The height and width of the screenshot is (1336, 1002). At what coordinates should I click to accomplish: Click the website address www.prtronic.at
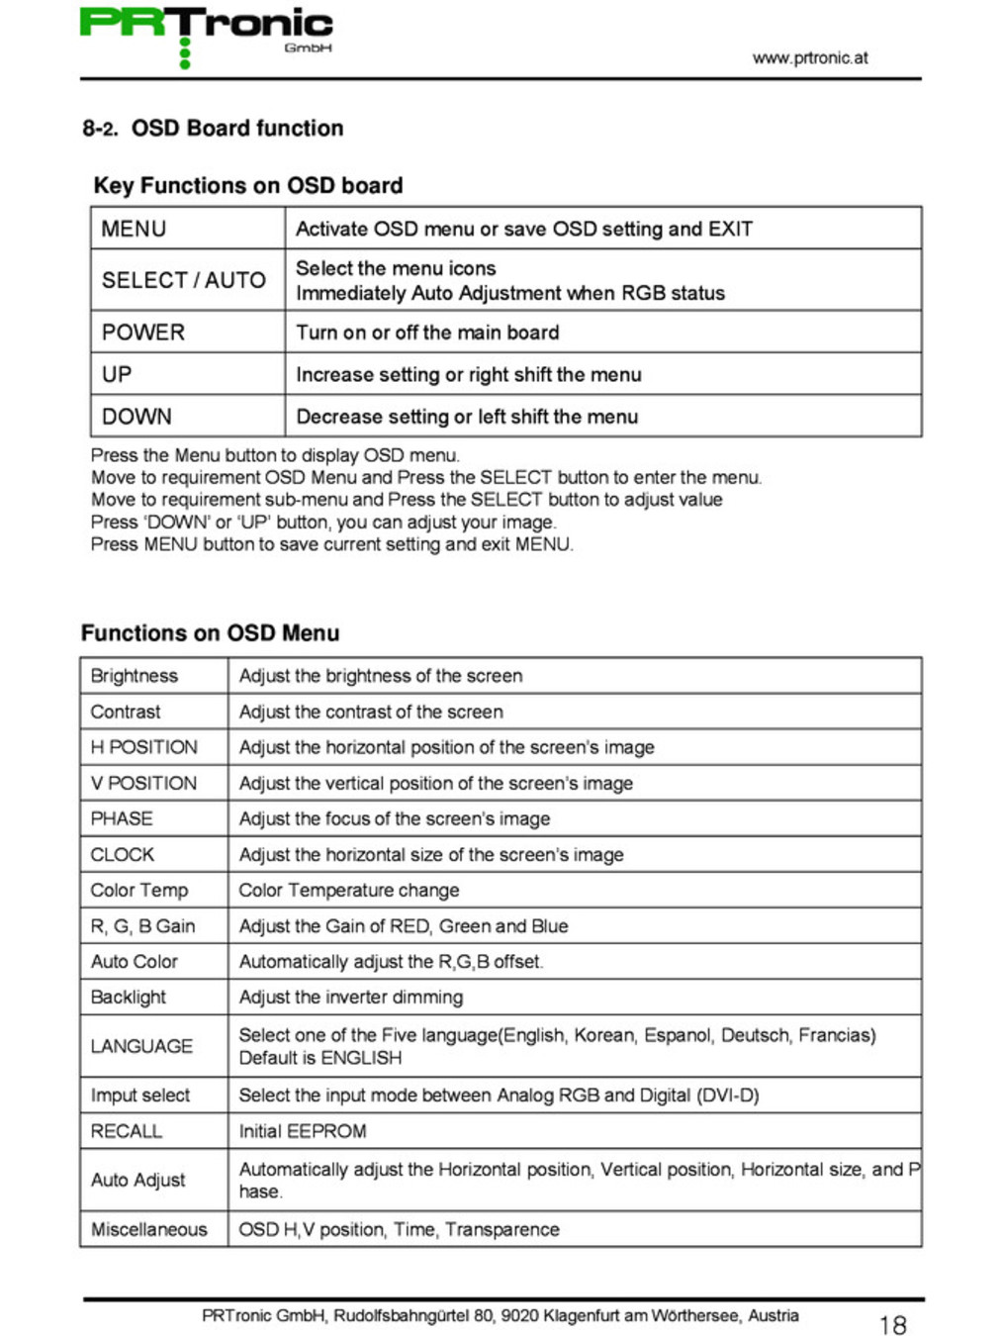809,58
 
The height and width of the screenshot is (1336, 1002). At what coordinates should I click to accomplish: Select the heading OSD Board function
237,129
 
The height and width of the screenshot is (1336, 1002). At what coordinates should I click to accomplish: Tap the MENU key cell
134,230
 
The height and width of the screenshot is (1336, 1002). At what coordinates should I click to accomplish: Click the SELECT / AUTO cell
184,281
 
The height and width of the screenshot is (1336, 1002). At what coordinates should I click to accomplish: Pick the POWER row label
143,333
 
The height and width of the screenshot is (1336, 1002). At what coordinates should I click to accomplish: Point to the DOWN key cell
137,417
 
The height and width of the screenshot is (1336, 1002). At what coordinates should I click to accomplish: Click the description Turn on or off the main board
427,333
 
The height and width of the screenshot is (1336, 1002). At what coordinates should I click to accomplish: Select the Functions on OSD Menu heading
210,633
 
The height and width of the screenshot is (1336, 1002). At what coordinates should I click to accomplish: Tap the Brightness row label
135,676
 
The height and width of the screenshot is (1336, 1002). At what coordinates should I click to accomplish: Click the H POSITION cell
143,747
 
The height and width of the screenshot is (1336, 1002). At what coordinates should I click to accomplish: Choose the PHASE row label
122,818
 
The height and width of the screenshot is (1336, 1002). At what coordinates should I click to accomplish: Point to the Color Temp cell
139,890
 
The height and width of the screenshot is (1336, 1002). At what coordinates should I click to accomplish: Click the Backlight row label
129,997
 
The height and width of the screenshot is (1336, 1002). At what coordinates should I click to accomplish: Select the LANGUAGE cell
141,1046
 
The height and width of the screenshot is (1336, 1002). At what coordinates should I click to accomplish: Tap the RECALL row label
126,1131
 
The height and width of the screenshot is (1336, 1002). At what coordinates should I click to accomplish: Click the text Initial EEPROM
303,1131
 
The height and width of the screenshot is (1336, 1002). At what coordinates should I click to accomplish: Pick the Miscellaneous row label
149,1229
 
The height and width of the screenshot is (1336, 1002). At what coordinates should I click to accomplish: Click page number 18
892,1325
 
